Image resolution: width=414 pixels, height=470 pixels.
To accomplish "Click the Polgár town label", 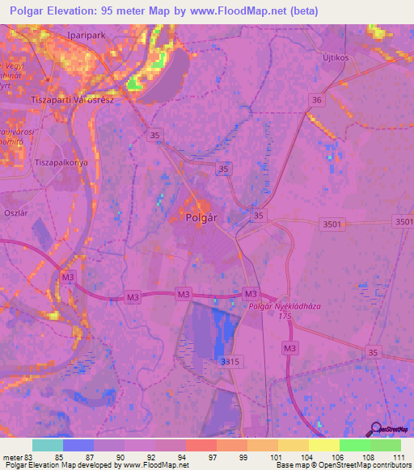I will tap(203, 217).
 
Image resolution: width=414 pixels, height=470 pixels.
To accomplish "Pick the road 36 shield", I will tap(317, 99).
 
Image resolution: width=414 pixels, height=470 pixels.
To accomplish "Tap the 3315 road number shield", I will tap(231, 363).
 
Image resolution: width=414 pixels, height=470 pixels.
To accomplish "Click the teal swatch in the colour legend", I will tap(48, 445).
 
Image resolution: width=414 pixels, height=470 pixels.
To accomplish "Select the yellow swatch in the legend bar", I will tap(324, 445).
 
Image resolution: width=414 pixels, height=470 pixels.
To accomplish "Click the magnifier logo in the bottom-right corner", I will tap(376, 429).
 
